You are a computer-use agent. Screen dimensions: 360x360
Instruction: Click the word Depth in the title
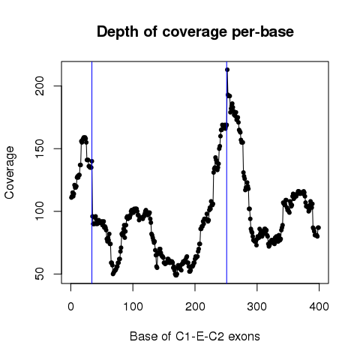coord(118,31)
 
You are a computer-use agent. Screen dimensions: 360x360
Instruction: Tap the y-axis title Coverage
coord(10,172)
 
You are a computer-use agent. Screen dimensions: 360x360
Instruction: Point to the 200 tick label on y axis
coord(40,85)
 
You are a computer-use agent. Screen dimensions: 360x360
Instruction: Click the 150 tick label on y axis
coord(40,148)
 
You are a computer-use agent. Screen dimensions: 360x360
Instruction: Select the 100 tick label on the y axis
coord(40,211)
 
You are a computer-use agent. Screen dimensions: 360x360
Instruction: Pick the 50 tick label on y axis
coord(40,274)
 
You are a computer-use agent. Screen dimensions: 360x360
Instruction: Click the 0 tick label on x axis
coord(70,306)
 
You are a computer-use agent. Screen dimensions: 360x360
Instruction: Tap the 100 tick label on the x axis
coord(133,306)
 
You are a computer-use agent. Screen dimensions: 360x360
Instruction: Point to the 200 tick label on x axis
coord(195,306)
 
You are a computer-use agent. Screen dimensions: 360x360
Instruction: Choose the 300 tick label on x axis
coord(257,306)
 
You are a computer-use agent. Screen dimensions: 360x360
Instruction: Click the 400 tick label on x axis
coord(319,306)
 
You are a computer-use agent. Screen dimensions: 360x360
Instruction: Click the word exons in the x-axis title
coord(244,337)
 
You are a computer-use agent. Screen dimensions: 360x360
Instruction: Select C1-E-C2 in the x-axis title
coord(199,336)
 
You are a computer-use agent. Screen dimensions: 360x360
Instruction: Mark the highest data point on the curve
coord(227,70)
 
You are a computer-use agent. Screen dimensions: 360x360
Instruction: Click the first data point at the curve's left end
coord(71,197)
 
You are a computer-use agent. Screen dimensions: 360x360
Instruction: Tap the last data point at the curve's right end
coord(319,227)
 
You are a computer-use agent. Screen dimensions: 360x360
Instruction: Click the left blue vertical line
coord(92,172)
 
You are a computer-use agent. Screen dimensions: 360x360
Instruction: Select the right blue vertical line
coord(226,172)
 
